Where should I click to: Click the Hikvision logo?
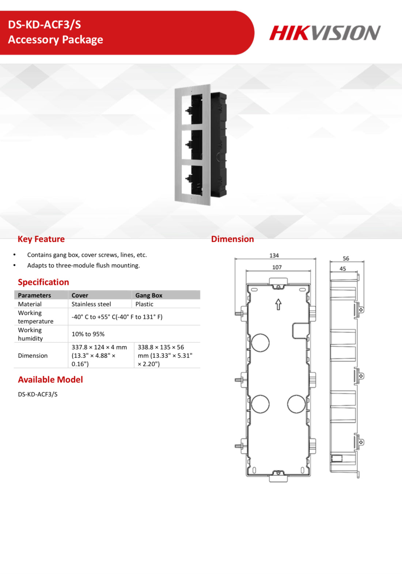point(325,33)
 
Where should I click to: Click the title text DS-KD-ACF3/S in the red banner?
point(44,25)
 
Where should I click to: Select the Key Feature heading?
point(41,239)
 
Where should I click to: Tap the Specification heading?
point(43,282)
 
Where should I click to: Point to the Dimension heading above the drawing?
point(232,239)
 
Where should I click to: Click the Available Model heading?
point(50,379)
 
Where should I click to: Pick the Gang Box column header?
point(149,295)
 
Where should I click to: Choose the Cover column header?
point(80,295)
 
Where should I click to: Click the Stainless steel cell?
point(91,304)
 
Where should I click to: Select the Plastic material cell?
point(144,304)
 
